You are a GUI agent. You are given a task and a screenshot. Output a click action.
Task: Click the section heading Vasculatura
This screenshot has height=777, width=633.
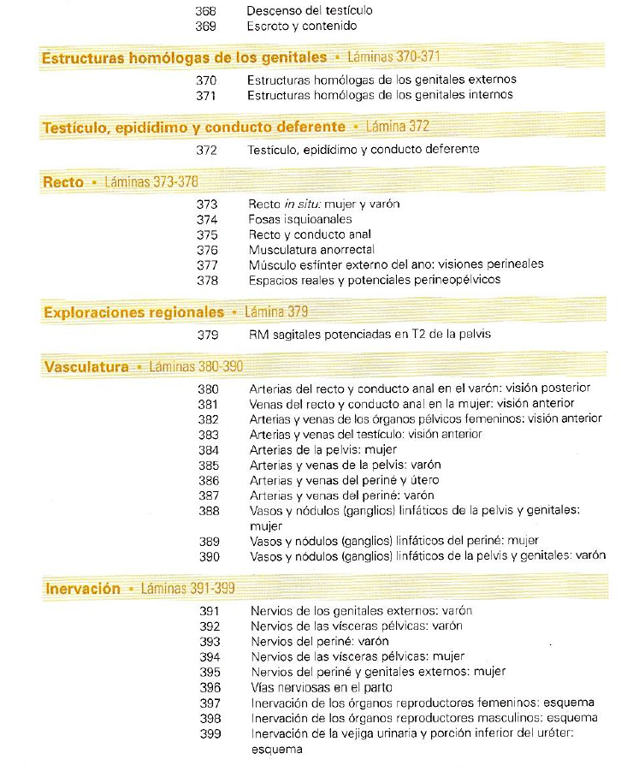pyautogui.click(x=86, y=367)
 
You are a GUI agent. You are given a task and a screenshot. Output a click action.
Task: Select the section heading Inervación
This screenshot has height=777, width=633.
pyautogui.click(x=81, y=589)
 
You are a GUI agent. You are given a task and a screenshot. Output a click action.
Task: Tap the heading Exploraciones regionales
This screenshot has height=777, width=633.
pyautogui.click(x=133, y=312)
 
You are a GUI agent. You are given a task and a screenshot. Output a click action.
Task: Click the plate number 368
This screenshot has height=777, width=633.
pyautogui.click(x=206, y=11)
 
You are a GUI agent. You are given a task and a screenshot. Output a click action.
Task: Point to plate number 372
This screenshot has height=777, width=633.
pyautogui.click(x=206, y=149)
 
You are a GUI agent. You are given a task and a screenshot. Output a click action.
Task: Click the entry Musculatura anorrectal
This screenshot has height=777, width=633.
pyautogui.click(x=311, y=249)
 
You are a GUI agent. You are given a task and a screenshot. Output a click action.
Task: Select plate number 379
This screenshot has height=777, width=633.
pyautogui.click(x=208, y=334)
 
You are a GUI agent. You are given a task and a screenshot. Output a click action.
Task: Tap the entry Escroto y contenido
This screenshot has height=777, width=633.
pyautogui.click(x=301, y=27)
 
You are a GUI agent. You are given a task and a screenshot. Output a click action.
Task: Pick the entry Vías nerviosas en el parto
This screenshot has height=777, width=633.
pyautogui.click(x=321, y=687)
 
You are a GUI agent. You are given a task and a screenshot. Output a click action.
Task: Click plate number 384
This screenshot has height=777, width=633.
pyautogui.click(x=209, y=449)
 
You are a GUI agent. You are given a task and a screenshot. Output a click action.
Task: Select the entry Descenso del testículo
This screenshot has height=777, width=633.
pyautogui.click(x=309, y=11)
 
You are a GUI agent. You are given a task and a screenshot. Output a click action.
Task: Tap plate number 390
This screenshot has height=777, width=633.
pyautogui.click(x=209, y=556)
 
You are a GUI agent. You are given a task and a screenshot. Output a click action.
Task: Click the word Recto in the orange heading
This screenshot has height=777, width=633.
pyautogui.click(x=63, y=182)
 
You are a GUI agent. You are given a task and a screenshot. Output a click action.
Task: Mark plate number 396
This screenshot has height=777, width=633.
pyautogui.click(x=210, y=687)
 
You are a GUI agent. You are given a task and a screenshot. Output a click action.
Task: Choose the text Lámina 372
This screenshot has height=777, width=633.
pyautogui.click(x=397, y=127)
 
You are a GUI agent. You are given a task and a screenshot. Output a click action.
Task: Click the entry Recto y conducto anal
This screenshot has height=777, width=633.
pyautogui.click(x=310, y=234)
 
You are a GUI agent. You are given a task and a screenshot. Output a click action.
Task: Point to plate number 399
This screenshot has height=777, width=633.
pyautogui.click(x=210, y=733)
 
